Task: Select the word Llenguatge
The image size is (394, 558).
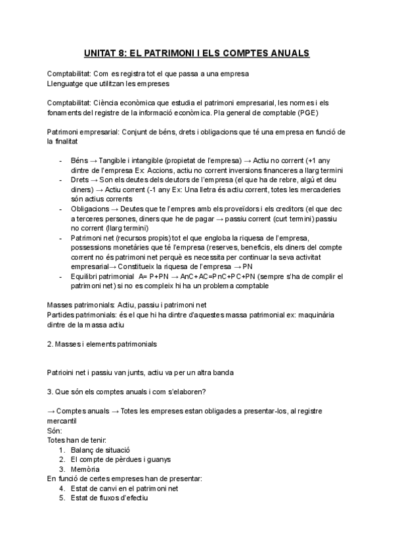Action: (68, 84)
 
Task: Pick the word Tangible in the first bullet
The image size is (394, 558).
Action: (117, 161)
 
